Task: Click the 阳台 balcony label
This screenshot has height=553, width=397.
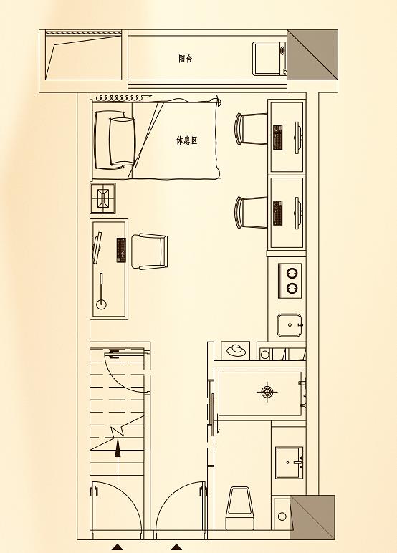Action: pyautogui.click(x=186, y=59)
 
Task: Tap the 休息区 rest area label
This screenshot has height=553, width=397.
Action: pyautogui.click(x=186, y=140)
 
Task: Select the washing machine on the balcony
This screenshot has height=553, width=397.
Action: pyautogui.click(x=269, y=58)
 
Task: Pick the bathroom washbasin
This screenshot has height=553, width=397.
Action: pyautogui.click(x=290, y=462)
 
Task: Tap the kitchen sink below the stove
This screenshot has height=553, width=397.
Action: pyautogui.click(x=290, y=324)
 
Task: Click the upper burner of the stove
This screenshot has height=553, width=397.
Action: pyautogui.click(x=292, y=274)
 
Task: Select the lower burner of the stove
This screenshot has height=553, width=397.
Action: pyautogui.click(x=292, y=289)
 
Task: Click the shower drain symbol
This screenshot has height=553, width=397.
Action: pyautogui.click(x=268, y=391)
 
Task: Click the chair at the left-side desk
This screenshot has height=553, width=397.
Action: pyautogui.click(x=150, y=251)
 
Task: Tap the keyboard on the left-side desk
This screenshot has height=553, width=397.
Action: pyautogui.click(x=121, y=250)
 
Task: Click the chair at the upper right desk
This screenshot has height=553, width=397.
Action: pyautogui.click(x=251, y=129)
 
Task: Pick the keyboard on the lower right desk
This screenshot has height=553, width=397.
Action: pyautogui.click(x=279, y=213)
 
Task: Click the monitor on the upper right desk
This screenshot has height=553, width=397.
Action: pyautogui.click(x=297, y=138)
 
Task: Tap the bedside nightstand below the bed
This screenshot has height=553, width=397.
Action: pyautogui.click(x=103, y=198)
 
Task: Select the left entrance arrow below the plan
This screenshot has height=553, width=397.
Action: pyautogui.click(x=118, y=547)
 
